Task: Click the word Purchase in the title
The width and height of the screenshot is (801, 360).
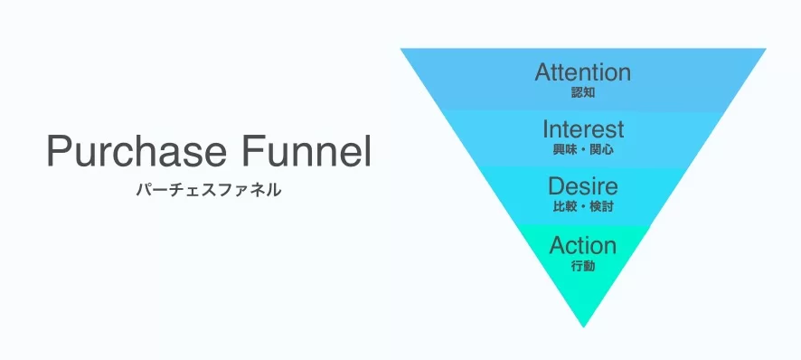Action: (x=137, y=151)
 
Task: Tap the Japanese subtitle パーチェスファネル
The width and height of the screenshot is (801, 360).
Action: (x=209, y=190)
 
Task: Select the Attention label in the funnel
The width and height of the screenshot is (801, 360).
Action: (x=583, y=72)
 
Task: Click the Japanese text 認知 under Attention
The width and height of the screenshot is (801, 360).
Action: (x=583, y=93)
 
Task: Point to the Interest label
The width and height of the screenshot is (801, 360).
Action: (x=583, y=128)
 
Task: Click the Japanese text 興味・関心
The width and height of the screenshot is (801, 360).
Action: (x=583, y=150)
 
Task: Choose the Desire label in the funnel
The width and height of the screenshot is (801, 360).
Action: (x=583, y=186)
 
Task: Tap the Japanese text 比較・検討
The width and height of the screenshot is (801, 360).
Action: (x=583, y=207)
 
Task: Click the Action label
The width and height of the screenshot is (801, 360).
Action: (x=583, y=246)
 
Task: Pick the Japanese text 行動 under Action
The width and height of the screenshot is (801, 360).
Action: (x=583, y=267)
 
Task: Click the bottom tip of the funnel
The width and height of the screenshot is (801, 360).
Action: (x=583, y=327)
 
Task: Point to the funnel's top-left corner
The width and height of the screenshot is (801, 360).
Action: (x=401, y=49)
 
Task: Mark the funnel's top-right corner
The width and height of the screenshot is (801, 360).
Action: (x=765, y=49)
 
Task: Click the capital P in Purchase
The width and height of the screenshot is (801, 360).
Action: (x=60, y=151)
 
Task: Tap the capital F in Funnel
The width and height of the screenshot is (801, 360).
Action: (x=253, y=151)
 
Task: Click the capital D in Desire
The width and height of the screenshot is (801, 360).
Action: (x=556, y=186)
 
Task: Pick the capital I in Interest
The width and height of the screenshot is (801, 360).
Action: (x=545, y=128)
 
